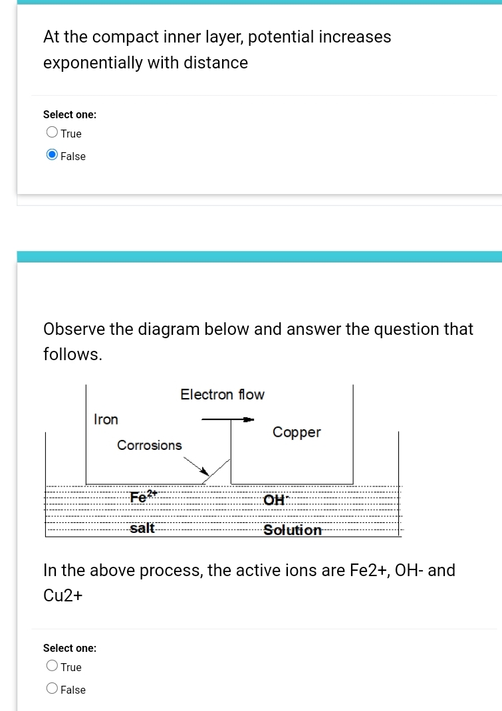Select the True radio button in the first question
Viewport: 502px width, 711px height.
click(x=52, y=133)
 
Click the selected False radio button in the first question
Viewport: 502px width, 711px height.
click(x=52, y=155)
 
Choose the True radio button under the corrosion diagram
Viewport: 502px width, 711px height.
click(x=52, y=666)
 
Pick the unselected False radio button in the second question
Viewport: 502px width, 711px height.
click(x=52, y=689)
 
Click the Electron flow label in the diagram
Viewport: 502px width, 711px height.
click(x=222, y=395)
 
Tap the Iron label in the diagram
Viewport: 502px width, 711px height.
click(x=106, y=419)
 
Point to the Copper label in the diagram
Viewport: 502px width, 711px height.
click(x=297, y=433)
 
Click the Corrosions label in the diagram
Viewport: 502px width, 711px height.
click(x=149, y=445)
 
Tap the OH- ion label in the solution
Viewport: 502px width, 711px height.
click(x=274, y=500)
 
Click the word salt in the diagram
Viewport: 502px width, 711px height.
click(x=142, y=528)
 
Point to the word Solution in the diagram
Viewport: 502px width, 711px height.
click(x=293, y=530)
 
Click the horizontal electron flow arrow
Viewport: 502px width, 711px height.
click(x=228, y=419)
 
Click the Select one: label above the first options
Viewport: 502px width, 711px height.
click(x=70, y=114)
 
